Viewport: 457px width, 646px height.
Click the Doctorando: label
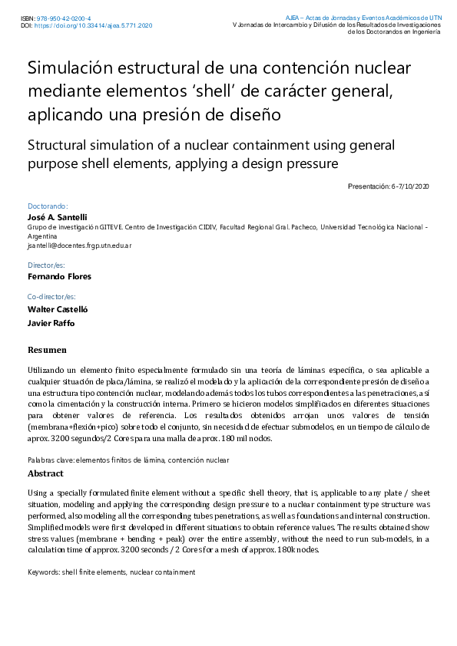click(48, 206)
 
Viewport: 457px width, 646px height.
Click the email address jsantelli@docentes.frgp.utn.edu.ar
click(80, 246)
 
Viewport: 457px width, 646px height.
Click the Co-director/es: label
click(51, 296)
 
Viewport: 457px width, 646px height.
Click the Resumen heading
click(46, 350)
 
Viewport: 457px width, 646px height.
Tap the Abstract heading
click(45, 473)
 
